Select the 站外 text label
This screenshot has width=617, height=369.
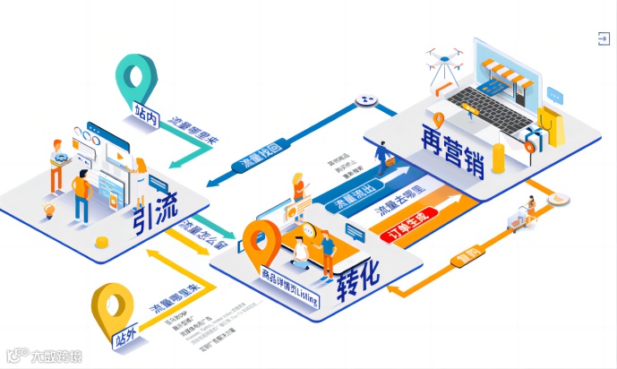click(126, 339)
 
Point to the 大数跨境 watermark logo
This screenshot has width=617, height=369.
click(45, 356)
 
